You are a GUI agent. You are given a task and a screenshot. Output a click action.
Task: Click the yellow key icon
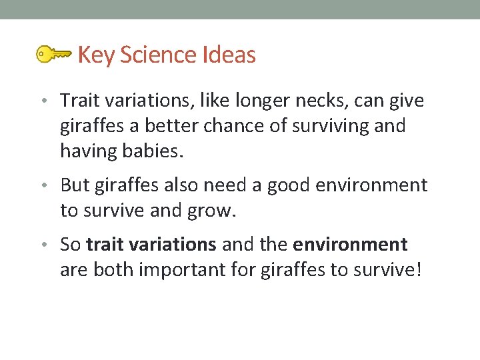click(x=53, y=54)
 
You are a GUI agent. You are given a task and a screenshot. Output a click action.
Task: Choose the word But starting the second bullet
click(x=75, y=185)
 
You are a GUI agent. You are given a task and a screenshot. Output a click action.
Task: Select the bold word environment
click(x=350, y=245)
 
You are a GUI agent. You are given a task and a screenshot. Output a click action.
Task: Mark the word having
click(x=87, y=151)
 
